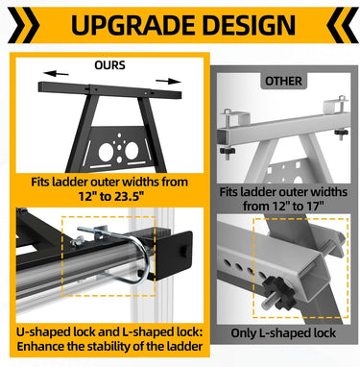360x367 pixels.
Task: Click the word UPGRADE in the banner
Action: pyautogui.click(x=133, y=25)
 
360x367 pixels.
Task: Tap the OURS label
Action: pyautogui.click(x=109, y=65)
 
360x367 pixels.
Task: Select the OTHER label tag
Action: pyautogui.click(x=283, y=81)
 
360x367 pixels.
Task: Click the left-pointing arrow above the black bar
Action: pyautogui.click(x=56, y=74)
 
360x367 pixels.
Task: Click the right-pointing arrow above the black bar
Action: pyautogui.click(x=168, y=81)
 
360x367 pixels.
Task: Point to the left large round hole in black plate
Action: pyautogui.click(x=106, y=152)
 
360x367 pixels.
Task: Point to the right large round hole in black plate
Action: pyautogui.click(x=132, y=151)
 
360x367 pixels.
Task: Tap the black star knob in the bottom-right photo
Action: pyautogui.click(x=278, y=291)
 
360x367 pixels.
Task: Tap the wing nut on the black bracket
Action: pyautogui.click(x=77, y=241)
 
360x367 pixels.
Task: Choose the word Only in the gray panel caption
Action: pyautogui.click(x=243, y=333)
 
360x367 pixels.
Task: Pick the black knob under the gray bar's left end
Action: pyautogui.click(x=228, y=151)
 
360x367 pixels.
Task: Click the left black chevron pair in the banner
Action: pyautogui.click(x=23, y=25)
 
